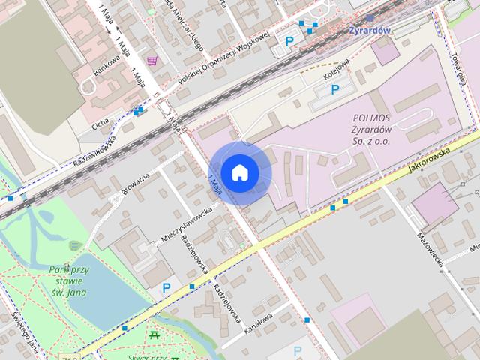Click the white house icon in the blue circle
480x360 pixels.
pos(239,172)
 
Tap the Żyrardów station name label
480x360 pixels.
pos(370,31)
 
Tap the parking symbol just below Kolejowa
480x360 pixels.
pos(335,89)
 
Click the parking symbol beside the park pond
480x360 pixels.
pos(167,287)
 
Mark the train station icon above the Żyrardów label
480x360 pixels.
pos(370,17)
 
